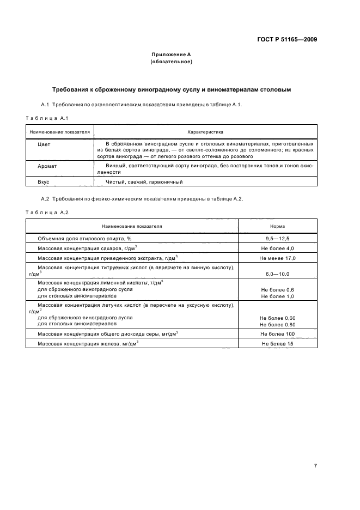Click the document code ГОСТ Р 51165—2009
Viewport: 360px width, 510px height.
[288, 40]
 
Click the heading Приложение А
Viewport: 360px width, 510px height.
[170, 54]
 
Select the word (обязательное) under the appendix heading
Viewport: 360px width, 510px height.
[170, 62]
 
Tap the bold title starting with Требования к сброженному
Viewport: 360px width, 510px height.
[171, 89]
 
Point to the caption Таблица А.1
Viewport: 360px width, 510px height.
[46, 118]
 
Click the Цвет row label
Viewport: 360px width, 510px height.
[44, 145]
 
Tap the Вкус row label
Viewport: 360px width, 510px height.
[44, 182]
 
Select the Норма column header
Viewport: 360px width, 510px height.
[277, 226]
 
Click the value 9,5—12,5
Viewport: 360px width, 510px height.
[277, 238]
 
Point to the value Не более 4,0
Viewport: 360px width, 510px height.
[277, 248]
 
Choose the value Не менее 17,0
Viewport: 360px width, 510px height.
[277, 258]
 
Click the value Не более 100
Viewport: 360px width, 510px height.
[277, 333]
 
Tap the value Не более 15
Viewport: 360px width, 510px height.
[277, 344]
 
